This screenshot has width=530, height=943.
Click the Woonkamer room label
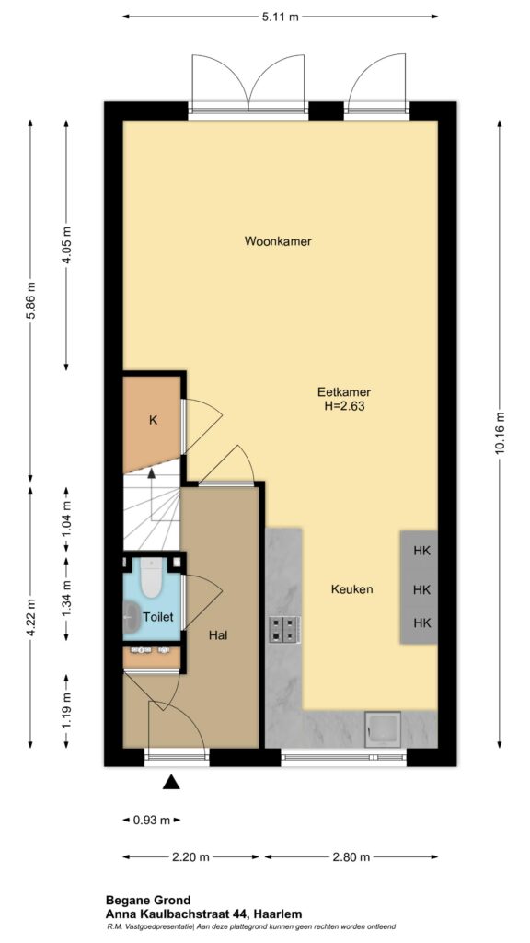coord(278,242)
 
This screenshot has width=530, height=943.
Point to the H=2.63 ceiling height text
coord(344,406)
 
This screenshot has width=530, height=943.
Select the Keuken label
coord(352,589)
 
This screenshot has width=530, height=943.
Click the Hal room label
coord(217,634)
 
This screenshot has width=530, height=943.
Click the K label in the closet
coord(154,421)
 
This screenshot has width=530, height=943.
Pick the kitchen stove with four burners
coord(283,629)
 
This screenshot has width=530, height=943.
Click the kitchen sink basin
coord(383,729)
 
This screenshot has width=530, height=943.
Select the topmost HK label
coord(422,551)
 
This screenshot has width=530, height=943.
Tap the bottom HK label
coord(422,623)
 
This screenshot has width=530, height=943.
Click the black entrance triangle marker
coord(172,782)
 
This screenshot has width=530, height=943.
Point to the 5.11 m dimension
coord(280,17)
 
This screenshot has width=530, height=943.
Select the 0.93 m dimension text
coord(152,820)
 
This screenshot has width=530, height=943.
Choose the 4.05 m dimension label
coord(66,244)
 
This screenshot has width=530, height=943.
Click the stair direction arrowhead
coord(152,472)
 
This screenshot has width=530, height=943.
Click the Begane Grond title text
coord(148,901)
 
